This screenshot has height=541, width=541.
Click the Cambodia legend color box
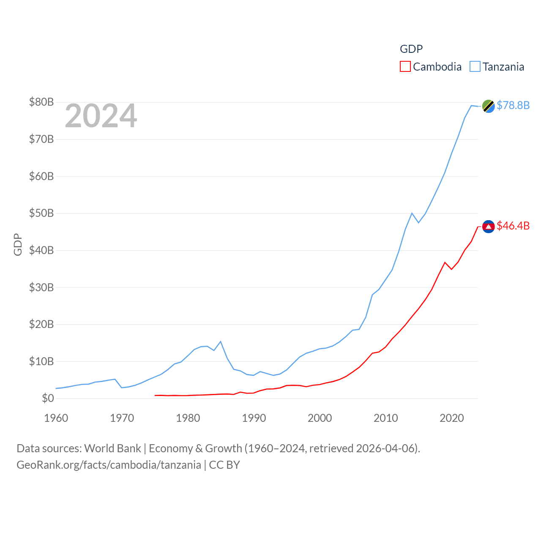[x=405, y=67]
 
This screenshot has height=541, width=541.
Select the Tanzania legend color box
[x=475, y=67]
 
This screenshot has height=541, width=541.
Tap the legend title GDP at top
[x=411, y=49]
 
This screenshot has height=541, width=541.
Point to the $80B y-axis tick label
[x=41, y=102]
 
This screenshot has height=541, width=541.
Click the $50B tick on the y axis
[x=41, y=213]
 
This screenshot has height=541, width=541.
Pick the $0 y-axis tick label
[x=48, y=398]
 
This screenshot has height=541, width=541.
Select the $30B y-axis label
[x=41, y=287]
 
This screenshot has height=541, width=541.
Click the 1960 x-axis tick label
[x=56, y=418]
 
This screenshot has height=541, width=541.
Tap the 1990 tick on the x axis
[x=254, y=418]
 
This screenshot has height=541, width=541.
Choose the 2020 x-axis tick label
[x=452, y=418]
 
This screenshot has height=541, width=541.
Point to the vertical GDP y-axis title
[x=18, y=244]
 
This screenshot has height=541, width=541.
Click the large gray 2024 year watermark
[x=101, y=116]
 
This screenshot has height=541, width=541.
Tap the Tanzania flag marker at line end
[x=488, y=106]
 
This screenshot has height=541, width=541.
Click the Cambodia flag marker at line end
[x=488, y=227]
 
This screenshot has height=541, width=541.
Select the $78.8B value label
[x=513, y=105]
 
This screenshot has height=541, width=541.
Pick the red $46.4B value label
[x=513, y=226]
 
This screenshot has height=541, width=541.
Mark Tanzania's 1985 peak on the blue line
[x=221, y=342]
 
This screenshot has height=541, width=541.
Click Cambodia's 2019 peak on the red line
[x=445, y=262]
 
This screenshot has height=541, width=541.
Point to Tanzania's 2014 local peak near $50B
[x=412, y=213]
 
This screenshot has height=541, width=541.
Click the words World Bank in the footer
[x=112, y=448]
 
